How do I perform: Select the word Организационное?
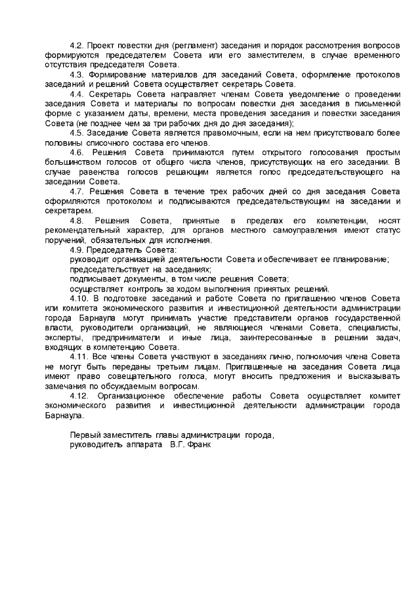[x=127, y=396]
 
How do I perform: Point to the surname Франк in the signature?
[x=200, y=444]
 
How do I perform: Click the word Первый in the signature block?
[x=85, y=434]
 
